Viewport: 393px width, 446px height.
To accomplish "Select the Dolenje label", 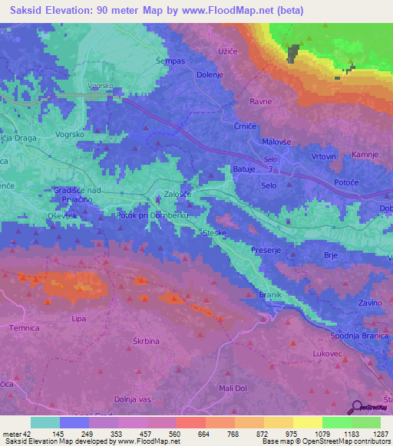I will (x=210, y=74).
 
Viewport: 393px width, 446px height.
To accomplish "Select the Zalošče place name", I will (x=177, y=195).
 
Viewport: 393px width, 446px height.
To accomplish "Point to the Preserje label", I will (x=267, y=250).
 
